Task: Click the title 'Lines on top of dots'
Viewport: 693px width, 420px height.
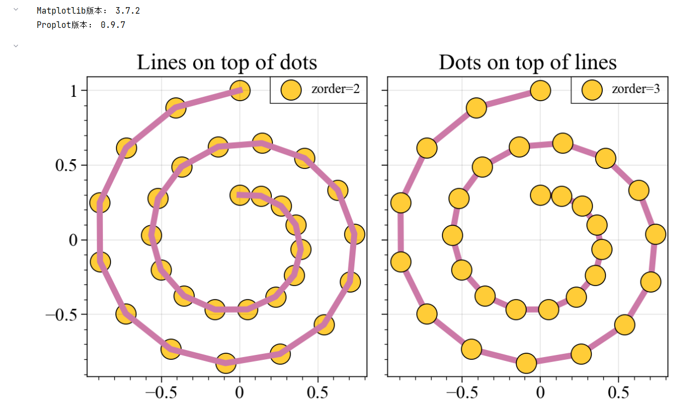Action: click(x=226, y=62)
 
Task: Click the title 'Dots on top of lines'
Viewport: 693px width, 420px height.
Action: click(x=527, y=62)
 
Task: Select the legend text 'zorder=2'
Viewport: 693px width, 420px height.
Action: click(x=335, y=89)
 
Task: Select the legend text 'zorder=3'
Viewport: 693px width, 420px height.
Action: click(x=636, y=89)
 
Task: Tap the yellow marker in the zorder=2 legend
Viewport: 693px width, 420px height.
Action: click(x=291, y=90)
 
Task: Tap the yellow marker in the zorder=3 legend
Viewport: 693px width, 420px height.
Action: click(x=592, y=90)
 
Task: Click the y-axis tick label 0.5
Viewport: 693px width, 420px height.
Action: click(x=67, y=166)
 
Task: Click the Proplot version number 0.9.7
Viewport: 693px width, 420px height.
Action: click(x=113, y=25)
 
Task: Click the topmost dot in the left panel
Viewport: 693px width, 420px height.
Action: click(x=240, y=90)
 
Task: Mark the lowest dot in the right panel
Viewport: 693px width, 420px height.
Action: click(x=526, y=362)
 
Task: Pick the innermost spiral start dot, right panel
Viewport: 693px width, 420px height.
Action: click(x=540, y=195)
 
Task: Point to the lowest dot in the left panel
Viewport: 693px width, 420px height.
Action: click(x=225, y=362)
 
